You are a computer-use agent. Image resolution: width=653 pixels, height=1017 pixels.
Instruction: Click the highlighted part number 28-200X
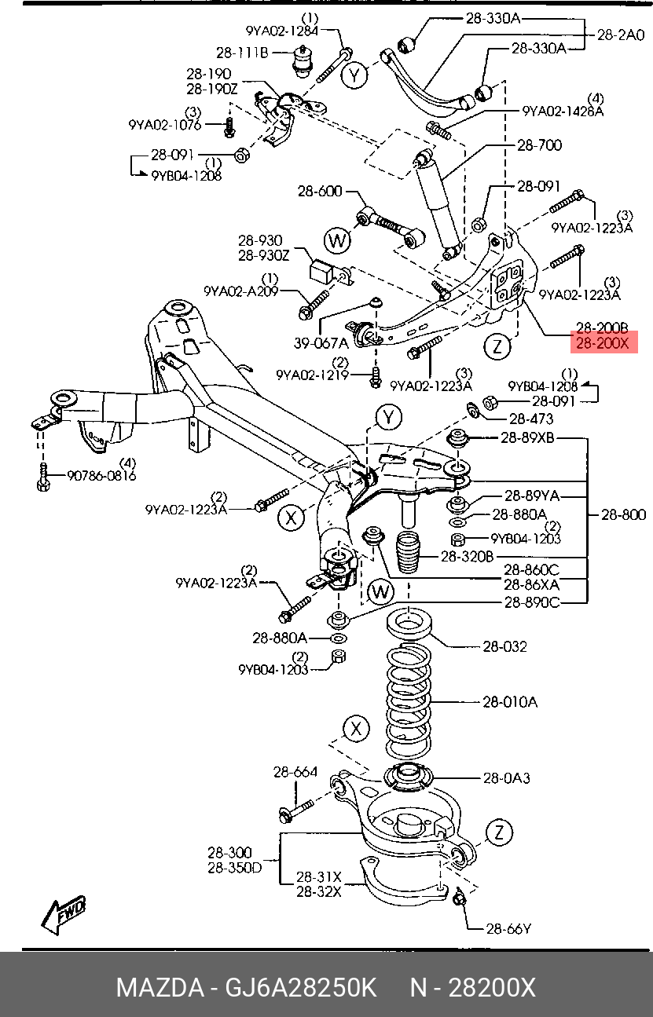603,342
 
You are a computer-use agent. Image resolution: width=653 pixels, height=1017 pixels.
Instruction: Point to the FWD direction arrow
64,916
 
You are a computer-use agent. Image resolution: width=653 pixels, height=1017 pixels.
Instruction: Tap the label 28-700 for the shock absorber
539,145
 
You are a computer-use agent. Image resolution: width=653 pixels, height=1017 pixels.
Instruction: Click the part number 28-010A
510,701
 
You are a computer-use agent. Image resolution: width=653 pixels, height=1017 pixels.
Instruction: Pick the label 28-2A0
621,35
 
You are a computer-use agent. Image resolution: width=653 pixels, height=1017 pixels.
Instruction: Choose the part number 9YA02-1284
282,31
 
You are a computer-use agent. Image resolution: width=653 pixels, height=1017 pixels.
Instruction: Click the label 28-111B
243,53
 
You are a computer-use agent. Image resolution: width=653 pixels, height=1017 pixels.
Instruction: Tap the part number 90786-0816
101,475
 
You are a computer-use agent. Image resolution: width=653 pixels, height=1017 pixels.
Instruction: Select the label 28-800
624,514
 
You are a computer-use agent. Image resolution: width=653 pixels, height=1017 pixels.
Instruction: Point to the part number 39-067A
321,342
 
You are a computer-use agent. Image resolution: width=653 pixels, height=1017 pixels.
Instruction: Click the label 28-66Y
508,929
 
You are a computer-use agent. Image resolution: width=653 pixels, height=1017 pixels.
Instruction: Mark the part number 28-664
295,772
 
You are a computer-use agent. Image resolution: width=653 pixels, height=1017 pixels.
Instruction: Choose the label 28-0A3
507,777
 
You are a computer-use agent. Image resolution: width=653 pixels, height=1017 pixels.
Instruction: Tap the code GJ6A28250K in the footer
302,987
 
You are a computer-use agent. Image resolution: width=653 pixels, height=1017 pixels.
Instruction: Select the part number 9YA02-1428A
563,112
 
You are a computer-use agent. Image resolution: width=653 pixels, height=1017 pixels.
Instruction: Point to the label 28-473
531,419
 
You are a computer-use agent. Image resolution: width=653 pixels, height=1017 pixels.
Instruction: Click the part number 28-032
504,646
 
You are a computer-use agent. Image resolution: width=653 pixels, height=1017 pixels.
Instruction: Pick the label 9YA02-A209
240,291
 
